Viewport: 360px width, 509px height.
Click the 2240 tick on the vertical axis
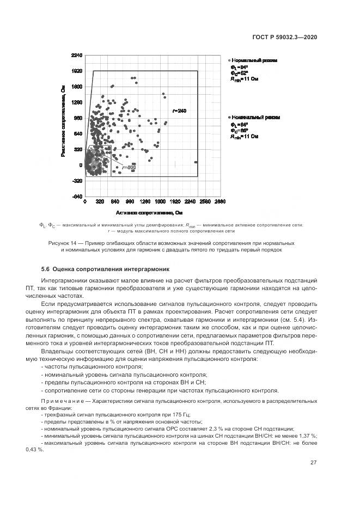(76, 56)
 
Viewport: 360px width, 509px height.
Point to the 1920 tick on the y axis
(76, 71)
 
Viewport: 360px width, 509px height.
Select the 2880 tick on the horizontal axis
(219, 202)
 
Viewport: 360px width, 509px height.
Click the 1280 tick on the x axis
(145, 202)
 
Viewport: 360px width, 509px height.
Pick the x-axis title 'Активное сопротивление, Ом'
(149, 212)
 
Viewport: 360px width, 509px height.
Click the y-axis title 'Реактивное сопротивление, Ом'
(64, 121)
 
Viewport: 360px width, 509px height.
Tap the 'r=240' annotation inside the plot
(179, 111)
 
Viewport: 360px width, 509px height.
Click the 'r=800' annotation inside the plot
(129, 167)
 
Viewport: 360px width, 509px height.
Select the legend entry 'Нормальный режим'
(255, 60)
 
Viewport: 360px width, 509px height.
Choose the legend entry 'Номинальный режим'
(255, 118)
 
